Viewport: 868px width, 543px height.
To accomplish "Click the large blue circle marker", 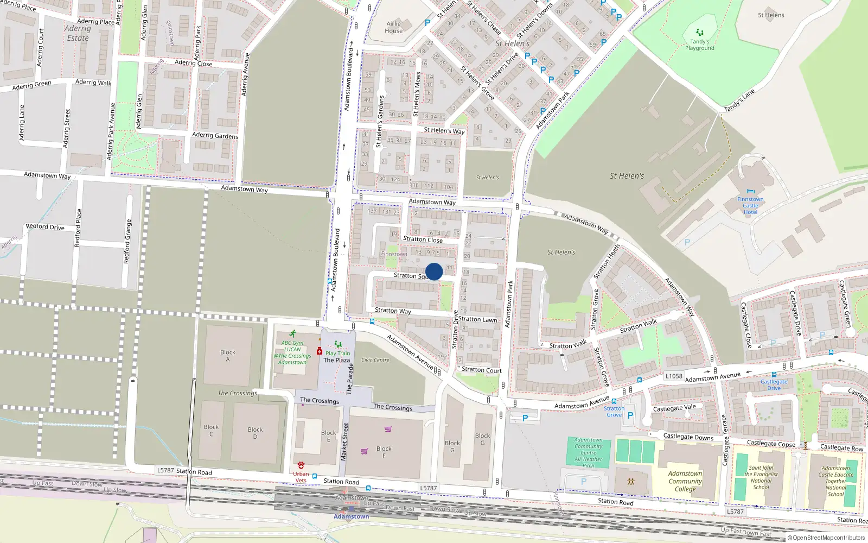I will pyautogui.click(x=434, y=271).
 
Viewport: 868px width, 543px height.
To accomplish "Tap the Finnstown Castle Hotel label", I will pyautogui.click(x=750, y=206).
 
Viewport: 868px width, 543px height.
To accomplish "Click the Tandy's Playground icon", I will pyautogui.click(x=700, y=33).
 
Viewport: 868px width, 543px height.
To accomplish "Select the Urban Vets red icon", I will pyautogui.click(x=301, y=465).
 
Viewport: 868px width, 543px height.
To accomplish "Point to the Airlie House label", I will pyautogui.click(x=394, y=27).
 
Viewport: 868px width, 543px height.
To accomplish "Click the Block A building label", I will pyautogui.click(x=228, y=356).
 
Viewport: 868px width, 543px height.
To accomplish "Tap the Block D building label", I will pyautogui.click(x=255, y=433).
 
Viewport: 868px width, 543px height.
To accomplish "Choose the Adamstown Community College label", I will pyautogui.click(x=685, y=481).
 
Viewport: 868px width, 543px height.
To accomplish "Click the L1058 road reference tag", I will pyautogui.click(x=674, y=376).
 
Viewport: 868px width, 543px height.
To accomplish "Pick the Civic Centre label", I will pyautogui.click(x=375, y=360).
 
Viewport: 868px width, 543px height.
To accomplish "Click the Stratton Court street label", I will pyautogui.click(x=481, y=370).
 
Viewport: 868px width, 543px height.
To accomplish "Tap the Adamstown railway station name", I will pyautogui.click(x=351, y=516).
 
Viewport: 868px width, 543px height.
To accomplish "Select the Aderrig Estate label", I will pyautogui.click(x=78, y=33).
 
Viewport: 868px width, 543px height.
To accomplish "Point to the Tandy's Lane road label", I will pyautogui.click(x=739, y=101).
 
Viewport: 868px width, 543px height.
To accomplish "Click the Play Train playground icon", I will pyautogui.click(x=338, y=344).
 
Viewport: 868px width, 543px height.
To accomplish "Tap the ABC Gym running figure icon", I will pyautogui.click(x=293, y=333).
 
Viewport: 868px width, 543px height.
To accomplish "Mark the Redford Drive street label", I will pyautogui.click(x=45, y=226).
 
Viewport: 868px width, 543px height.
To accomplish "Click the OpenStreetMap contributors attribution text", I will pyautogui.click(x=826, y=538).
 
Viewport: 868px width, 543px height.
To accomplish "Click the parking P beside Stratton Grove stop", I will pyautogui.click(x=630, y=415).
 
